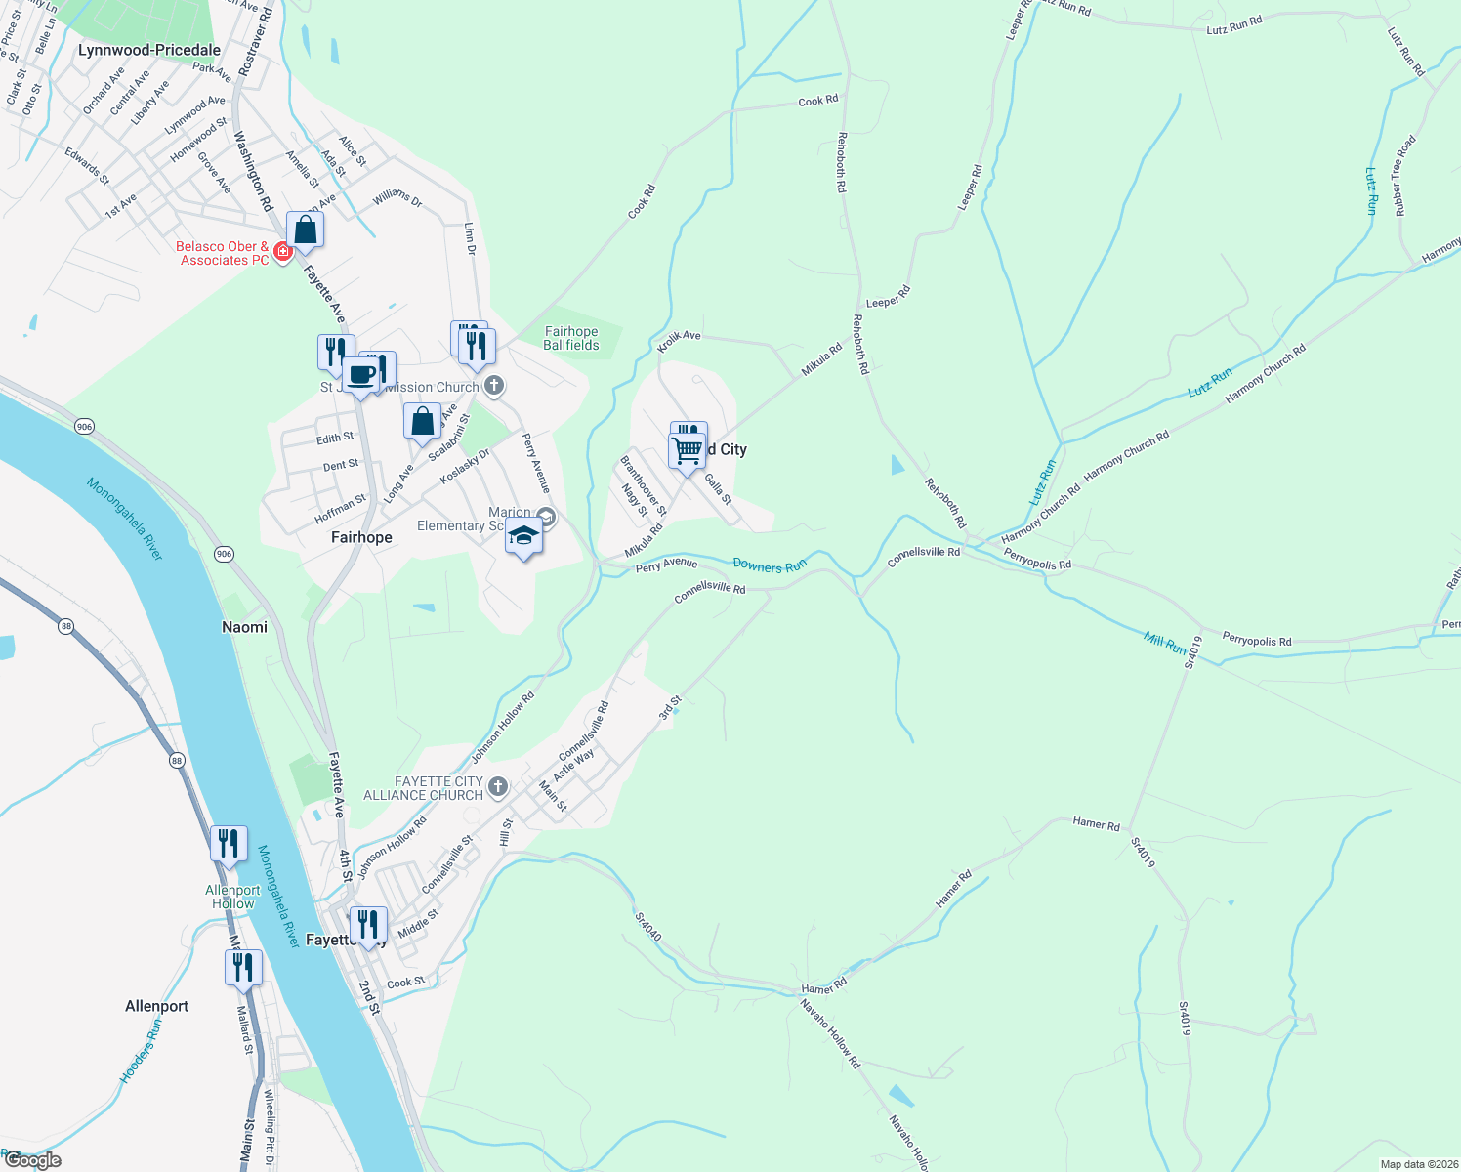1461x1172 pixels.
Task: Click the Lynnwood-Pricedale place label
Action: [x=149, y=50]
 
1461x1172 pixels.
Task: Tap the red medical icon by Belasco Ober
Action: [x=283, y=252]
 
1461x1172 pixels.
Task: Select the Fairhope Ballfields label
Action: [x=571, y=338]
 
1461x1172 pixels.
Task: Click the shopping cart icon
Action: [x=688, y=450]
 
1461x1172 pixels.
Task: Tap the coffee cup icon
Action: [x=360, y=374]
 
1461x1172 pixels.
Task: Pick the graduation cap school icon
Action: [x=524, y=535]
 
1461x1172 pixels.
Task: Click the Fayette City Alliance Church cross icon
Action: [x=497, y=786]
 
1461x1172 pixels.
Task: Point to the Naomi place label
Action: [x=244, y=627]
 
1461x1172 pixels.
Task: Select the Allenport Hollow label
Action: [x=233, y=897]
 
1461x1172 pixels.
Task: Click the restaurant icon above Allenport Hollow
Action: [x=229, y=842]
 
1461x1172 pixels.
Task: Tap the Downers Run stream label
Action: [x=770, y=565]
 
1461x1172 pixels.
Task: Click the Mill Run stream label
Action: [x=1165, y=643]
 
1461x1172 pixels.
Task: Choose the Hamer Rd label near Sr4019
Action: [x=1096, y=823]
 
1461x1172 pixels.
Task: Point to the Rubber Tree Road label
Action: [x=1404, y=176]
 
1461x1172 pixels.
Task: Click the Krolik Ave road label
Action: [x=679, y=340]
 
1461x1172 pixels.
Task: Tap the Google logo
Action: [x=32, y=1160]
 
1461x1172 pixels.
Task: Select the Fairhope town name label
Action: [x=361, y=537]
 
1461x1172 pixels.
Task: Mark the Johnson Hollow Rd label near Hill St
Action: [x=392, y=848]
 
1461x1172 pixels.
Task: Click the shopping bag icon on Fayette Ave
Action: [x=305, y=230]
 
